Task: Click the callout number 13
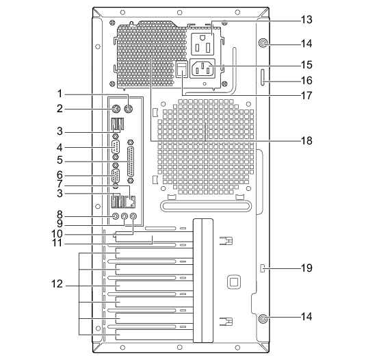click(306, 20)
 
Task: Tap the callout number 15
click(306, 64)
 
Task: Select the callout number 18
click(306, 140)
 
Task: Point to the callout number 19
click(306, 268)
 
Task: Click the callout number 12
click(57, 284)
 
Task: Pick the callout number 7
click(60, 183)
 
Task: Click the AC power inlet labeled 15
click(202, 68)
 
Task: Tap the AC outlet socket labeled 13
click(202, 44)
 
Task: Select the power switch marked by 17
click(182, 69)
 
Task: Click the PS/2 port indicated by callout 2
click(116, 109)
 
